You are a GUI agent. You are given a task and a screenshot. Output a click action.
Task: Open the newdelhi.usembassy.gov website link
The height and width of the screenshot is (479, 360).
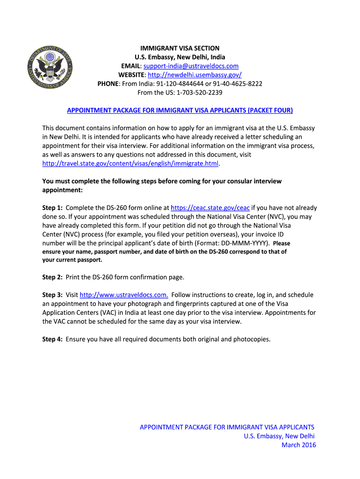pos(194,75)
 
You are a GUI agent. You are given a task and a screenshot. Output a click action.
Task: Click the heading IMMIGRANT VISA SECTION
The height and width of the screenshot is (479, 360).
pos(180,48)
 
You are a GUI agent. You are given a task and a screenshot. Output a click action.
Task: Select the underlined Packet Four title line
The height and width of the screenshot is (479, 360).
pos(180,110)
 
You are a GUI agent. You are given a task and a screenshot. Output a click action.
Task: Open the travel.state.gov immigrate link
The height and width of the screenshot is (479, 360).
pos(130,164)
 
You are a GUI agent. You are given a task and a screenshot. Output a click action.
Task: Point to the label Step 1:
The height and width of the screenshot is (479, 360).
pos(52,208)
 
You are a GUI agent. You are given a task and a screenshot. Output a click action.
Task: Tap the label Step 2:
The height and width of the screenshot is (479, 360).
pos(52,277)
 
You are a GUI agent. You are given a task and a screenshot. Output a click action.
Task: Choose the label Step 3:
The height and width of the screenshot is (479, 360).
pos(52,295)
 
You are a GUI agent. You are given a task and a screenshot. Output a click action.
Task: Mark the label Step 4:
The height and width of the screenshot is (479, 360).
pos(52,339)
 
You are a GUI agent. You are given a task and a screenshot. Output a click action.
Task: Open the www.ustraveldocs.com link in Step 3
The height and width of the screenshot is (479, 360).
pos(124,295)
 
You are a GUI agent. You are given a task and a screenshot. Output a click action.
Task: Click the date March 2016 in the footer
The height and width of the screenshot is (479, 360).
pos(298,445)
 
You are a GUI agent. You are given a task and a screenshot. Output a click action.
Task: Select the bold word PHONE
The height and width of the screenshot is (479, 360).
pos(108,84)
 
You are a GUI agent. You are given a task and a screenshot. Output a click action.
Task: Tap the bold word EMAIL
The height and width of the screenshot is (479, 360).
pos(130,66)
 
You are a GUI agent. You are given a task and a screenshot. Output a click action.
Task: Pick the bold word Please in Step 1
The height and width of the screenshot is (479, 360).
pos(281,243)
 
